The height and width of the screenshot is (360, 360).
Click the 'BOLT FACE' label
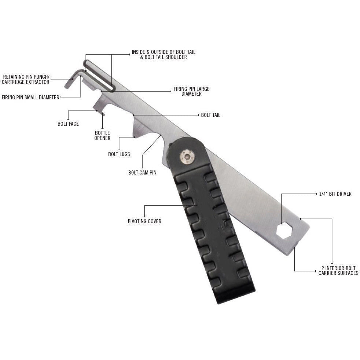coord(68,124)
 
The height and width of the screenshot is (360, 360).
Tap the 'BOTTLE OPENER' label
coord(102,136)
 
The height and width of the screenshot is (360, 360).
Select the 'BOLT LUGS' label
coord(119,154)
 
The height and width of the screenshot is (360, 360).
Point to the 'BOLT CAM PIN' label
coord(142,172)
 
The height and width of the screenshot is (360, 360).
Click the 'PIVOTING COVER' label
coord(144,221)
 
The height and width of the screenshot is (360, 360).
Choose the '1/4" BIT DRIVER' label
coord(335,194)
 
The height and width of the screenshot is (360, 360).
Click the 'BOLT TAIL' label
coord(210,115)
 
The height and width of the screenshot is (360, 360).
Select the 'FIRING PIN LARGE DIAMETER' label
coord(191,91)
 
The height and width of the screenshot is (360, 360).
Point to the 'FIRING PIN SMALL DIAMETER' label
coord(30,98)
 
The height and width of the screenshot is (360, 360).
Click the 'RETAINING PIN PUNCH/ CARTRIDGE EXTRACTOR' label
coord(26,80)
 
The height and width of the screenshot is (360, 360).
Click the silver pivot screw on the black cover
coord(186,157)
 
